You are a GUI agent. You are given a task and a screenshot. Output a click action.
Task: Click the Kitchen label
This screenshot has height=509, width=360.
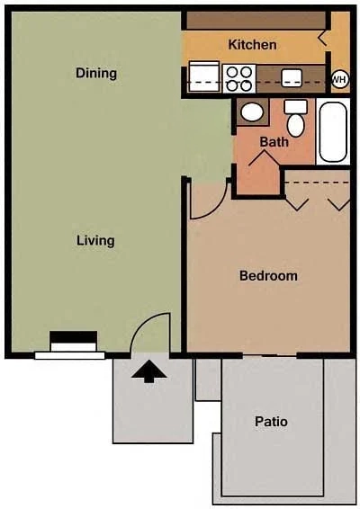click(252, 45)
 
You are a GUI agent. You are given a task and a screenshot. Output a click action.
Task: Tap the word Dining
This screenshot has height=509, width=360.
click(96, 73)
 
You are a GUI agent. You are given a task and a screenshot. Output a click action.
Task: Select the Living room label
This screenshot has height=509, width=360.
click(95, 241)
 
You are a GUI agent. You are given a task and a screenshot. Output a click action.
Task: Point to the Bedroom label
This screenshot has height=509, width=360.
click(268, 276)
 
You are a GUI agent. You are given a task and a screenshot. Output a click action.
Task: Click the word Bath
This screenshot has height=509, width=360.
click(274, 142)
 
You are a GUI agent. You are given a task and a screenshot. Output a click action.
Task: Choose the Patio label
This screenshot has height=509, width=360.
click(271, 422)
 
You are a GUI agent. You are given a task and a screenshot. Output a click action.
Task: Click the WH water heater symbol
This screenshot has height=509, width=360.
click(340, 79)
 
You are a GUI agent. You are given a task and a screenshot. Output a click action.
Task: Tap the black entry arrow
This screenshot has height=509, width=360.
click(149, 371)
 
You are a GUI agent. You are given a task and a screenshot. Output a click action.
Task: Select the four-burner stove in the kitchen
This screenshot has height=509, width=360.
click(239, 78)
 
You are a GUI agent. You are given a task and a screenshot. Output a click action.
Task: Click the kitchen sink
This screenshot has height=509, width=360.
click(292, 78)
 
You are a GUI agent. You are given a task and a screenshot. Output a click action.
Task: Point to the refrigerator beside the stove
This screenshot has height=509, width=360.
click(204, 76)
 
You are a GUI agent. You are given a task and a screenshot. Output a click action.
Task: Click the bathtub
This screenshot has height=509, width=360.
click(333, 131)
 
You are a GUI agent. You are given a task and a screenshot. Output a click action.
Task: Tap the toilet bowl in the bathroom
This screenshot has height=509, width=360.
click(296, 125)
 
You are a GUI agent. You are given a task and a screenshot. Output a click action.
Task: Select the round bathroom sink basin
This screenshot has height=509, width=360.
click(252, 112)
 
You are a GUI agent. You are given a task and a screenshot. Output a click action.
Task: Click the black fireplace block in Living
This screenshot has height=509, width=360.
click(74, 337)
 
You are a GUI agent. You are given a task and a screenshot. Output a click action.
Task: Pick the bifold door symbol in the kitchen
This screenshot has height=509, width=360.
click(324, 39)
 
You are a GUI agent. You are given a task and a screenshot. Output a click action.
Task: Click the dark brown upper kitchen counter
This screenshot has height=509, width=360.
click(256, 20)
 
